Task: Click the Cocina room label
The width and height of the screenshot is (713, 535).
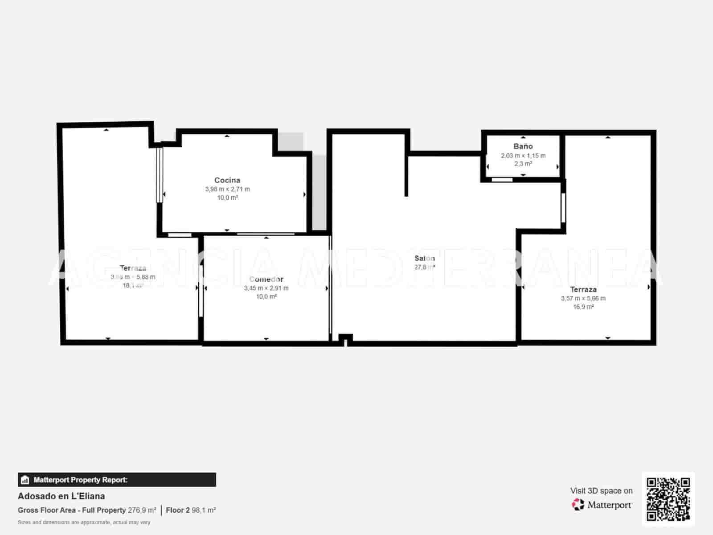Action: coord(227,180)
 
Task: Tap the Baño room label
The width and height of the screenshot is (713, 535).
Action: coord(523,146)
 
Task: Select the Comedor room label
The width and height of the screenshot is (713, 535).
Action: coord(266,279)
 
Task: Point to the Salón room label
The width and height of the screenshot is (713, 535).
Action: coord(424,258)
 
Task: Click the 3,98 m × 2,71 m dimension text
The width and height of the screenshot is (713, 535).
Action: coord(227,189)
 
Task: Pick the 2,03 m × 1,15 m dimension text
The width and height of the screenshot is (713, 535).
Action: coord(523,156)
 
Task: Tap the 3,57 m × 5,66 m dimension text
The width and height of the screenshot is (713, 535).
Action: coord(583,298)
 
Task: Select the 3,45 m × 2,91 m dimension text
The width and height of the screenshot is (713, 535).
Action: coord(266,288)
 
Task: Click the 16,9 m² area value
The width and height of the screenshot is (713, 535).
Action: coord(583,307)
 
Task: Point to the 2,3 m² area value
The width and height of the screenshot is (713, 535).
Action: coord(523,164)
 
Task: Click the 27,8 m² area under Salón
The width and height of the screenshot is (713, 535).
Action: coord(424,267)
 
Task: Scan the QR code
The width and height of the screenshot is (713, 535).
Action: coord(668,499)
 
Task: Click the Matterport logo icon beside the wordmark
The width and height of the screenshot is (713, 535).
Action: coord(578,505)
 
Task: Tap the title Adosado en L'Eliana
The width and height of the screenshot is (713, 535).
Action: coord(61,496)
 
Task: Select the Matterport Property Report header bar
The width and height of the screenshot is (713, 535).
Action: coord(117,480)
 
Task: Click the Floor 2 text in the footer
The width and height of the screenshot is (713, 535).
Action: coord(178,510)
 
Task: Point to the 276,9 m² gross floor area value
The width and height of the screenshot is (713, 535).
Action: coord(142,510)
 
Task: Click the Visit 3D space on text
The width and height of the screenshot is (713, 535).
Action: coord(601,491)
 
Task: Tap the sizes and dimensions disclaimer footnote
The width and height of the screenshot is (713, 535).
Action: coord(84,522)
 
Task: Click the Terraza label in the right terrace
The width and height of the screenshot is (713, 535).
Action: coord(583,289)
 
